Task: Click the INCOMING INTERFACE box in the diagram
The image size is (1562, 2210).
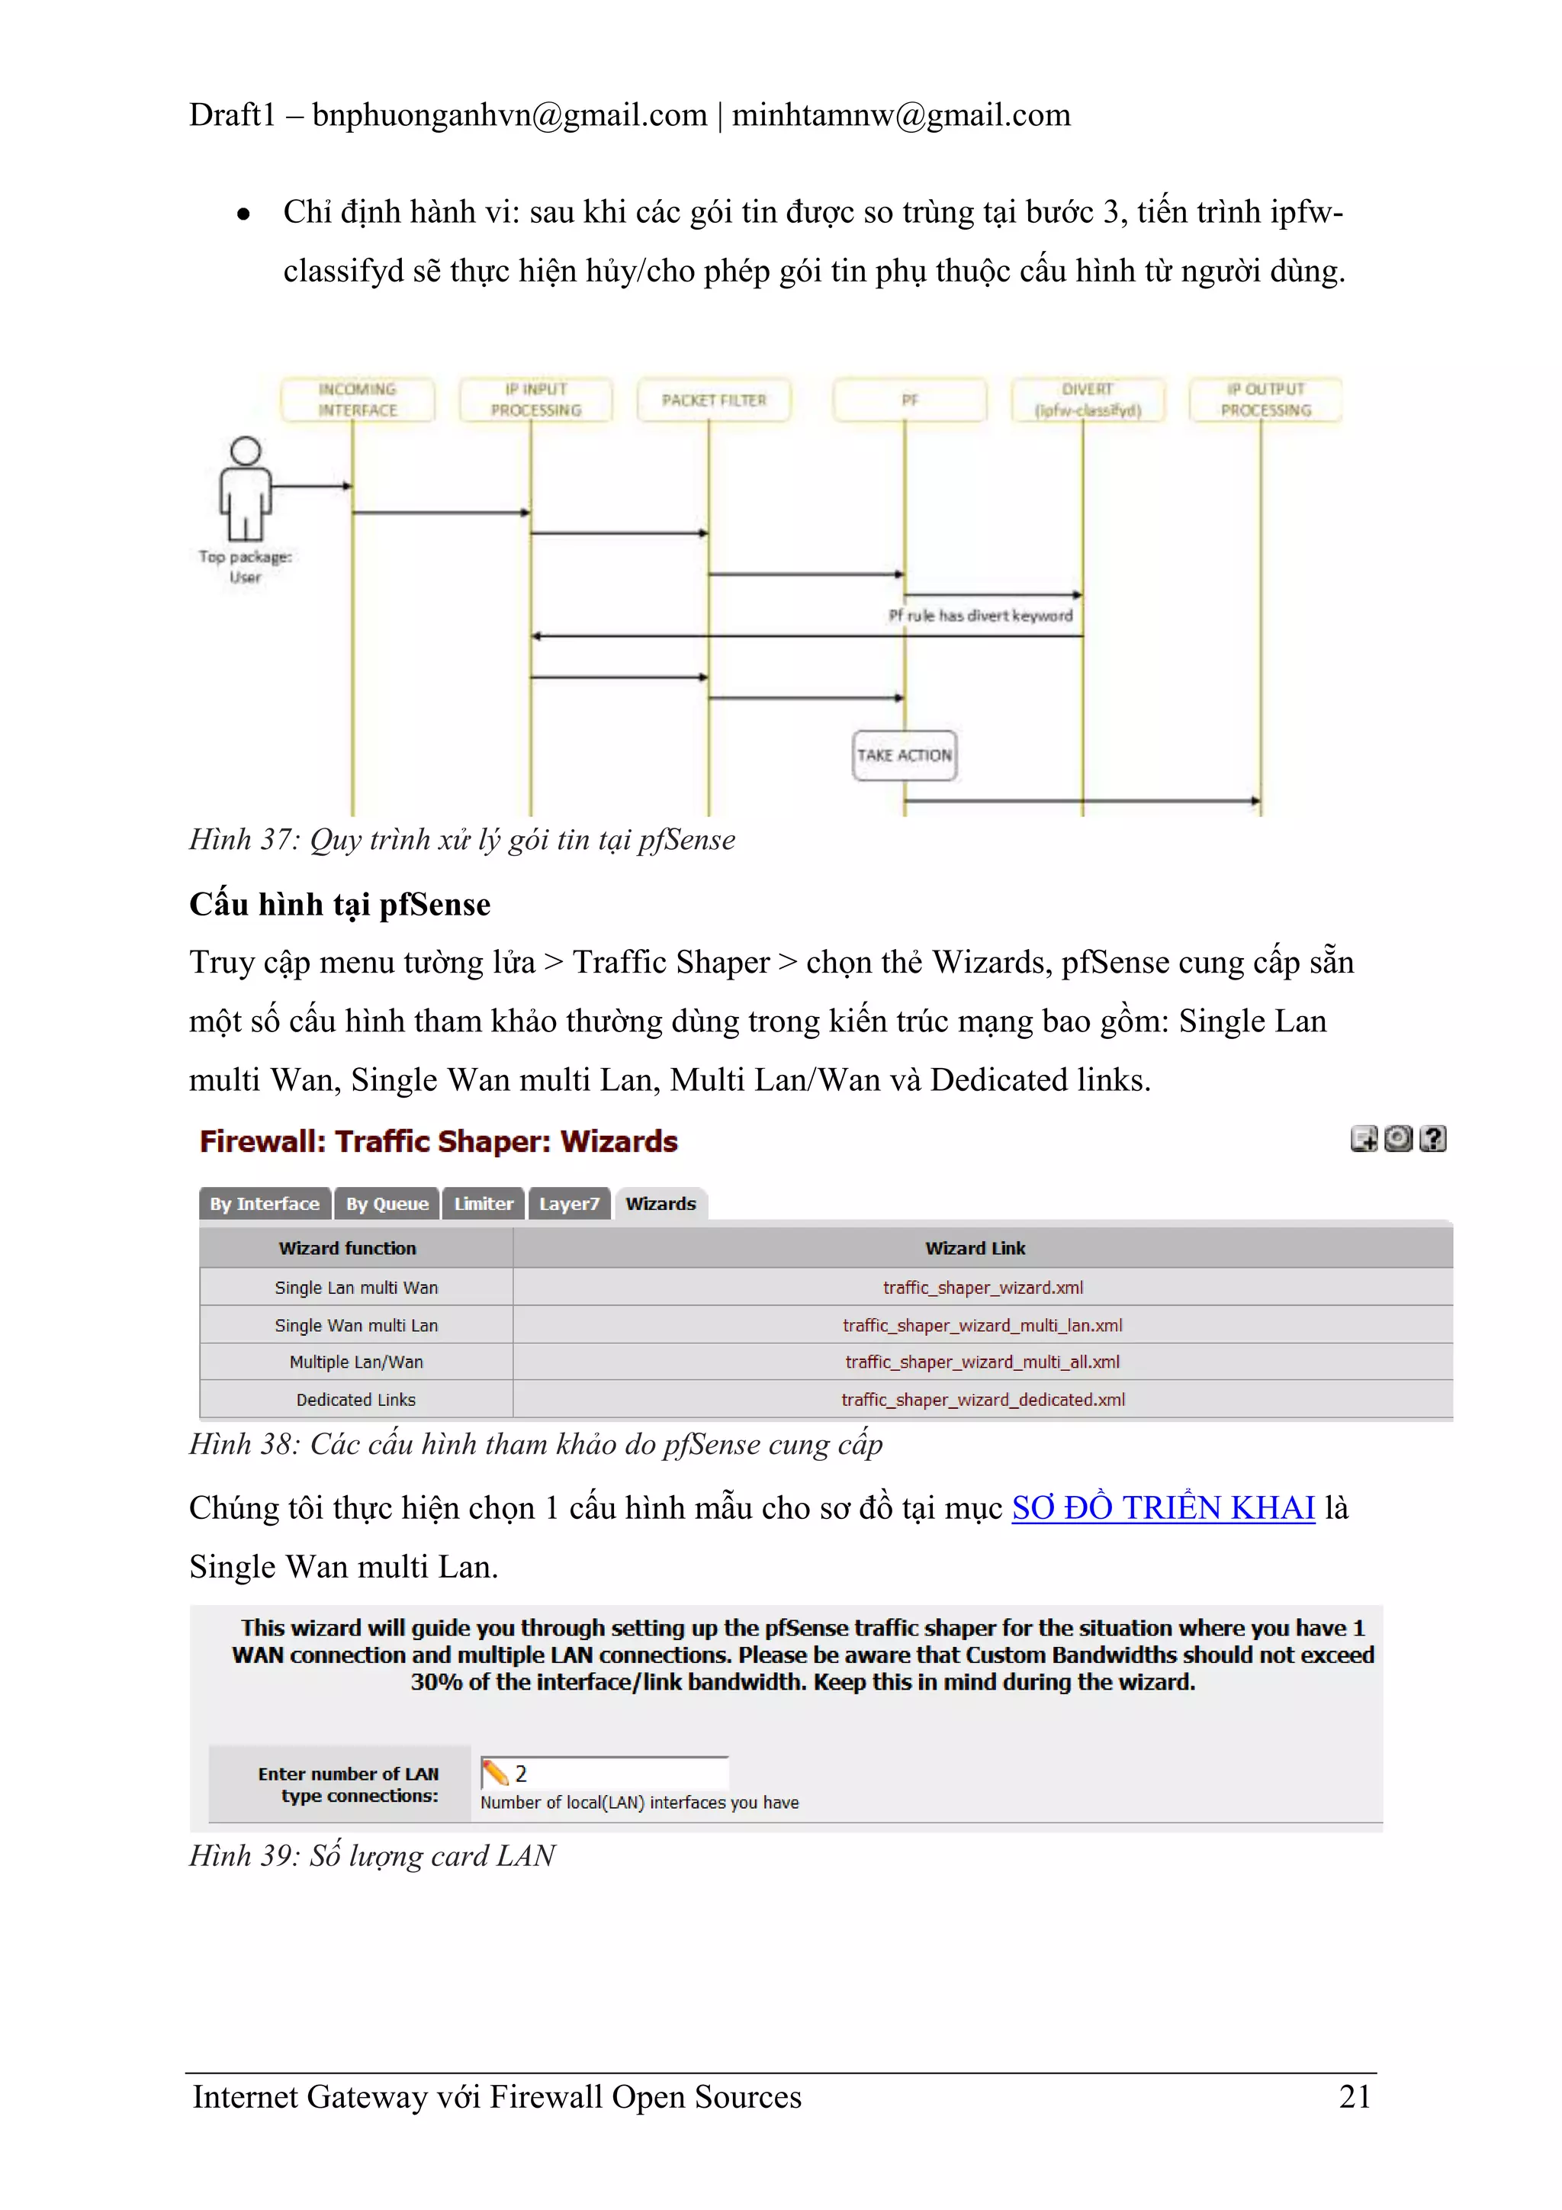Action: (357, 400)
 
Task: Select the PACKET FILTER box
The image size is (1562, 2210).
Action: (713, 400)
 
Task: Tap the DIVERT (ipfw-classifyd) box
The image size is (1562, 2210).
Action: (1087, 400)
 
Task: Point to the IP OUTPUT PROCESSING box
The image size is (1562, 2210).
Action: (1265, 400)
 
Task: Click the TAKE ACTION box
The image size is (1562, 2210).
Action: (904, 754)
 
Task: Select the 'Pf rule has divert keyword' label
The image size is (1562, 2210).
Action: (980, 615)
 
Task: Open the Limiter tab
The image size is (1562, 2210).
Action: (483, 1203)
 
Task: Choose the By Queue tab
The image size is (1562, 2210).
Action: (387, 1203)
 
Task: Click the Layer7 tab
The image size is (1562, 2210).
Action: (569, 1203)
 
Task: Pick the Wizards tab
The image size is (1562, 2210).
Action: (660, 1203)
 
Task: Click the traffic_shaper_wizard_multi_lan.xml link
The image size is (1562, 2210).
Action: (982, 1324)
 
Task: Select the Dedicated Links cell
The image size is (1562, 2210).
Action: (355, 1400)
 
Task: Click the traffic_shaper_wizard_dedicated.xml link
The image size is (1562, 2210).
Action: (982, 1400)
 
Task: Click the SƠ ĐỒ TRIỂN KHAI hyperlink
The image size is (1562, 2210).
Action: (1162, 1507)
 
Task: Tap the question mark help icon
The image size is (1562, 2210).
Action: (1432, 1139)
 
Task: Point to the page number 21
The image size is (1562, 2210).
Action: (1354, 2096)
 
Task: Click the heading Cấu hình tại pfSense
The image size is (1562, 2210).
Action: (339, 904)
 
